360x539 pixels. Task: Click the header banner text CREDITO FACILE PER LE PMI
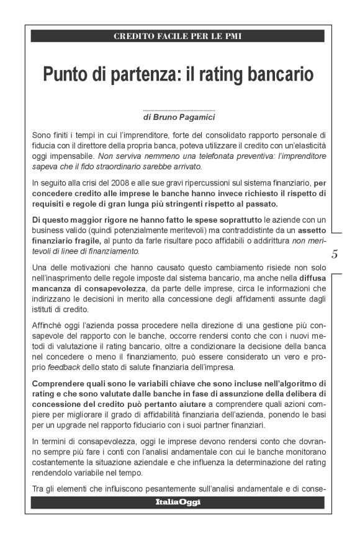pyautogui.click(x=178, y=36)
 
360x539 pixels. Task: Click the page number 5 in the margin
pyautogui.click(x=335, y=254)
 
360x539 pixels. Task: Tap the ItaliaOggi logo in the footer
pyautogui.click(x=178, y=502)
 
